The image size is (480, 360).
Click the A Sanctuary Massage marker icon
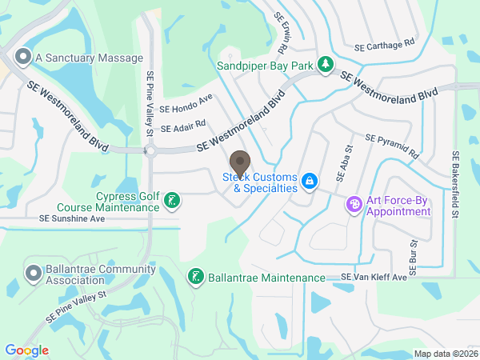click(x=22, y=58)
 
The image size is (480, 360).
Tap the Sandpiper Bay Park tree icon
click(x=325, y=64)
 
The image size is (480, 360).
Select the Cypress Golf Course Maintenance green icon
click(x=171, y=200)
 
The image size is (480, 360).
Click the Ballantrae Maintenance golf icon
click(x=194, y=278)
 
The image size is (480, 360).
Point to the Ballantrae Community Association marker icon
click(x=34, y=274)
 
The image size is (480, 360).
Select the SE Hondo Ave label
click(x=186, y=104)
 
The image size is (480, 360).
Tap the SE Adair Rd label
click(x=183, y=126)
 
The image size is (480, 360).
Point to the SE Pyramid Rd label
click(x=391, y=144)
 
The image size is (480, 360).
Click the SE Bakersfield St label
click(x=455, y=184)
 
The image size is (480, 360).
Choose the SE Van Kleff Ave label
click(x=374, y=277)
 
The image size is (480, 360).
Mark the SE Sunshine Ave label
click(x=72, y=218)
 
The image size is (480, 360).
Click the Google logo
click(x=26, y=350)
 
